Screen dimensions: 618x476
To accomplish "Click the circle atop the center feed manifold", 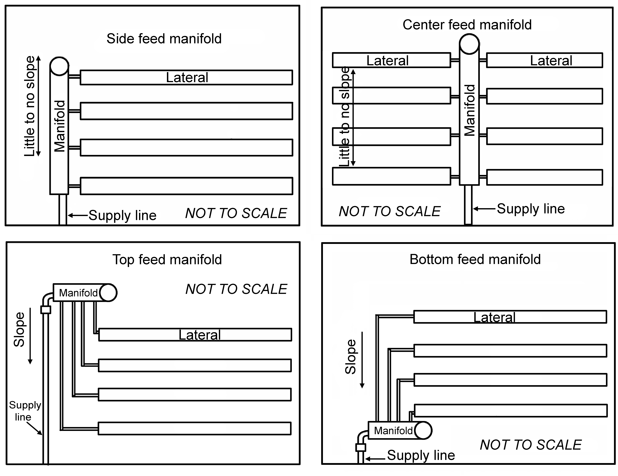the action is point(469,44).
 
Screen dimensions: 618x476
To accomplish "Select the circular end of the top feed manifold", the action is point(108,293).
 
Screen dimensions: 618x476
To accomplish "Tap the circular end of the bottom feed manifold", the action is point(423,430).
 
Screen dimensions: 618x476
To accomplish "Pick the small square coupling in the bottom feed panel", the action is point(361,447).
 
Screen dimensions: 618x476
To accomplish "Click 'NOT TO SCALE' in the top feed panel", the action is point(236,289).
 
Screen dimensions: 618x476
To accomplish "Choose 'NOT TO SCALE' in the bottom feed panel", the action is point(531,445).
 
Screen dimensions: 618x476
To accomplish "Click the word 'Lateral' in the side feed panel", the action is point(187,77).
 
